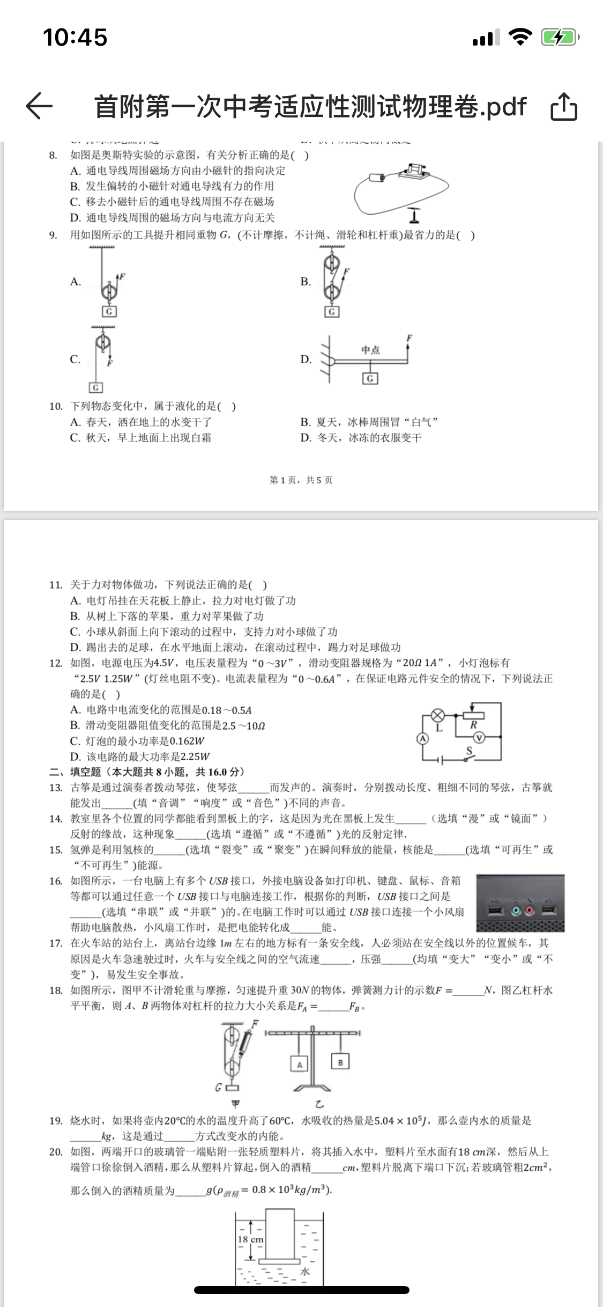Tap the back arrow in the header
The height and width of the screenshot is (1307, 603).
pos(40,106)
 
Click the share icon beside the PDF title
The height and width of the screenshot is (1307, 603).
pos(564,106)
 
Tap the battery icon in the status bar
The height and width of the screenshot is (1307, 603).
pos(560,38)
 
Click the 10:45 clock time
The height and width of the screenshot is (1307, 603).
pos(75,38)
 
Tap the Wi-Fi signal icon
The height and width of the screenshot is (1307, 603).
pos(519,37)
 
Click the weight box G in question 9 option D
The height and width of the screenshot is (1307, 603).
pos(370,379)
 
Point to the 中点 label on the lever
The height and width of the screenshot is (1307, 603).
pos(370,350)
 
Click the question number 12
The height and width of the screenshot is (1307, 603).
pos(56,663)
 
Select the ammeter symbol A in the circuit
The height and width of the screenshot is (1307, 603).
pos(423,738)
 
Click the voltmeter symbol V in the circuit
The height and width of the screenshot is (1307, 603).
pos(479,738)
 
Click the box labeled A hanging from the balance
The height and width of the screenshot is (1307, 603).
pos(300,1064)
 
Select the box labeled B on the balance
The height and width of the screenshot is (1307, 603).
pos(340,1061)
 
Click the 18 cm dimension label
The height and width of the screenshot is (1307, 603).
pos(250,1239)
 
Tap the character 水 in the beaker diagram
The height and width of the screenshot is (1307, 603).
pos(305,1272)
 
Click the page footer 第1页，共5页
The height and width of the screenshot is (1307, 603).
pos(301,480)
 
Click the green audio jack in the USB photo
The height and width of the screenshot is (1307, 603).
pos(516,911)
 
